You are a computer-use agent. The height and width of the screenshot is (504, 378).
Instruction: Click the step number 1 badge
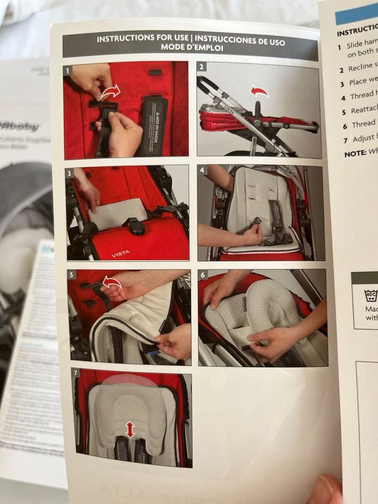[x=69, y=70]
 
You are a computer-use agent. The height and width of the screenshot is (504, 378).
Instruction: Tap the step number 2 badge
[x=202, y=67]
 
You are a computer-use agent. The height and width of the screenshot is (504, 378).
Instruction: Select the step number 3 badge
[x=71, y=173]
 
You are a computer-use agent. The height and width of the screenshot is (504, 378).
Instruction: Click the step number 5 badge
[x=72, y=275]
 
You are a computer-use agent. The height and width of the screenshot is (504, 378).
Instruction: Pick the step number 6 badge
[x=203, y=275]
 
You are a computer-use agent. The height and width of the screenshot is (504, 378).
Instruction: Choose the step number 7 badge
[x=76, y=373]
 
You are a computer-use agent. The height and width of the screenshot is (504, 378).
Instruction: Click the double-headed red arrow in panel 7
[x=130, y=430]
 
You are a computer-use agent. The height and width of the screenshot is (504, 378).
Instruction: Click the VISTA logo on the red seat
[x=120, y=253]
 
